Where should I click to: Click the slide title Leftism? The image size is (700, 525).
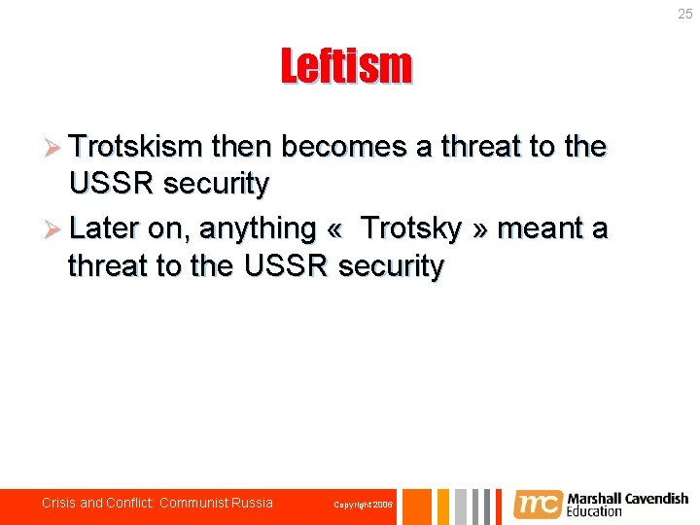pyautogui.click(x=346, y=67)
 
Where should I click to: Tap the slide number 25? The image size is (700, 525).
pyautogui.click(x=684, y=14)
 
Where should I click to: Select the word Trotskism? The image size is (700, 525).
pyautogui.click(x=135, y=147)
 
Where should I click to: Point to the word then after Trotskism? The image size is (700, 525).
pyautogui.click(x=240, y=147)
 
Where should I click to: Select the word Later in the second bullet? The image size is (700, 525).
pyautogui.click(x=105, y=228)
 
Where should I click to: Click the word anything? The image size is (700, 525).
pyautogui.click(x=258, y=229)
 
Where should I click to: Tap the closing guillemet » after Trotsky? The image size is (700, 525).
pyautogui.click(x=480, y=230)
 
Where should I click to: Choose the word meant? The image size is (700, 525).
pyautogui.click(x=540, y=228)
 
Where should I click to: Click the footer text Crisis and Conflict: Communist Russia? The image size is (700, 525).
pyautogui.click(x=157, y=503)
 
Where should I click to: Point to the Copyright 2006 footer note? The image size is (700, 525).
pyautogui.click(x=363, y=505)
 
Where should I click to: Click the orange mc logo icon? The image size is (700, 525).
pyautogui.click(x=537, y=505)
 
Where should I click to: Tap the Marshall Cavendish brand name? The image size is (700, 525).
pyautogui.click(x=627, y=499)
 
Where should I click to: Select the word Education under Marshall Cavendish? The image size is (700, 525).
pyautogui.click(x=595, y=511)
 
